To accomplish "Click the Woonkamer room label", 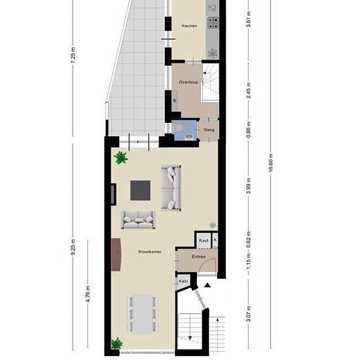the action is pos(150,252).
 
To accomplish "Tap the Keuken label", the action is pos(189,26).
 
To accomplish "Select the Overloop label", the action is pos(189,82).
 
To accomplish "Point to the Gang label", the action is pos(209,130).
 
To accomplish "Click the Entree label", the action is pos(198,257).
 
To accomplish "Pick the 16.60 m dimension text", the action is pos(270,162).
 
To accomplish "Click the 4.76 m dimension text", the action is pos(88,294).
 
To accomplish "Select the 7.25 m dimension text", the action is pos(73,55).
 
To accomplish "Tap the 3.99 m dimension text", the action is pos(249,185).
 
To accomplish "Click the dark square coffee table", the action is pos(141,190).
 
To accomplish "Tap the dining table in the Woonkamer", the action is pos(143,315).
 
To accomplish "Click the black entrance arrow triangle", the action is pos(207,285).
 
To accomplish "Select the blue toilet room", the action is pos(185,130).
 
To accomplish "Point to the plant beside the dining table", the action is pos(117,344).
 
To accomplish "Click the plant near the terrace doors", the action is pos(121,158).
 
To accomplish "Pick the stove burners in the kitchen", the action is pos(213,23).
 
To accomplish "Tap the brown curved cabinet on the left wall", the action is pos(116,255).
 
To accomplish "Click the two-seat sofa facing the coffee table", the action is pos(138,220).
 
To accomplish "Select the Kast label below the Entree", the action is pos(183,281).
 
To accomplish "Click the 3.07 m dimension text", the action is pos(249,314).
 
